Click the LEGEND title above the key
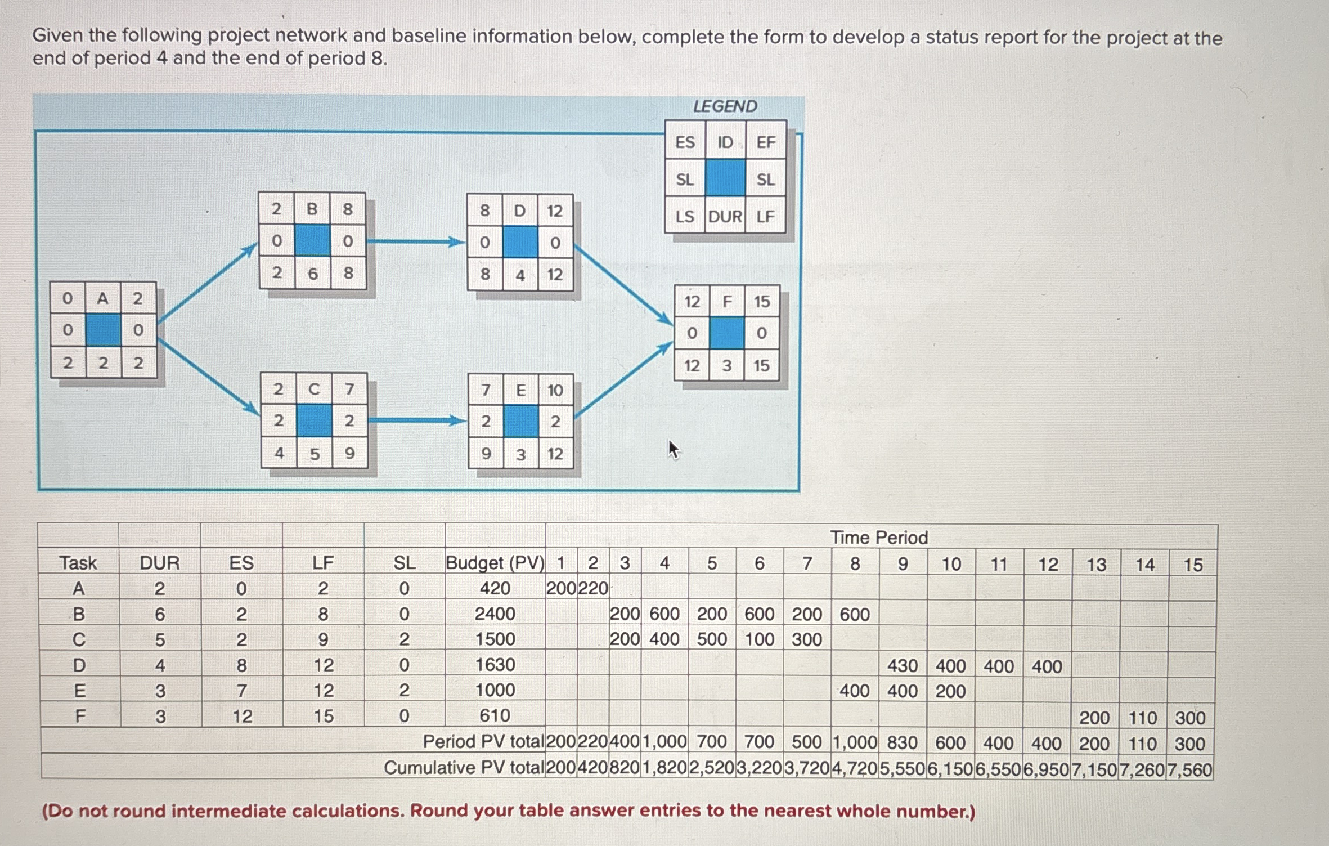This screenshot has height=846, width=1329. point(725,106)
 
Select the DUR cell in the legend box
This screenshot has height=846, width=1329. point(725,216)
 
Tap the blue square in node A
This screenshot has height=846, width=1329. point(103,330)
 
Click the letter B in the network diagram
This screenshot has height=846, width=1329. point(312,209)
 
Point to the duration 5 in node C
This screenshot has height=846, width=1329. point(315,454)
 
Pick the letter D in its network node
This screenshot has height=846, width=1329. point(520,211)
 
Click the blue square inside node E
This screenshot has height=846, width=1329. point(520,422)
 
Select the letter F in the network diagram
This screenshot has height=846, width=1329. point(727,302)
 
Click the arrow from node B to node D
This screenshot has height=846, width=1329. point(416,242)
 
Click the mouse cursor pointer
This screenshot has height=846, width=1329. point(674,449)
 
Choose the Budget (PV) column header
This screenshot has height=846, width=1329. point(495,563)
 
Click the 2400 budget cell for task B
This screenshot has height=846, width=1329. point(495,614)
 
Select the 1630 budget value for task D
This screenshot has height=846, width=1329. point(495,665)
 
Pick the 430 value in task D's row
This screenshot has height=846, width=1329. point(903,666)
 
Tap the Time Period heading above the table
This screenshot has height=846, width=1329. point(879,538)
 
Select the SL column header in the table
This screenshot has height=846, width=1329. point(404,563)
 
